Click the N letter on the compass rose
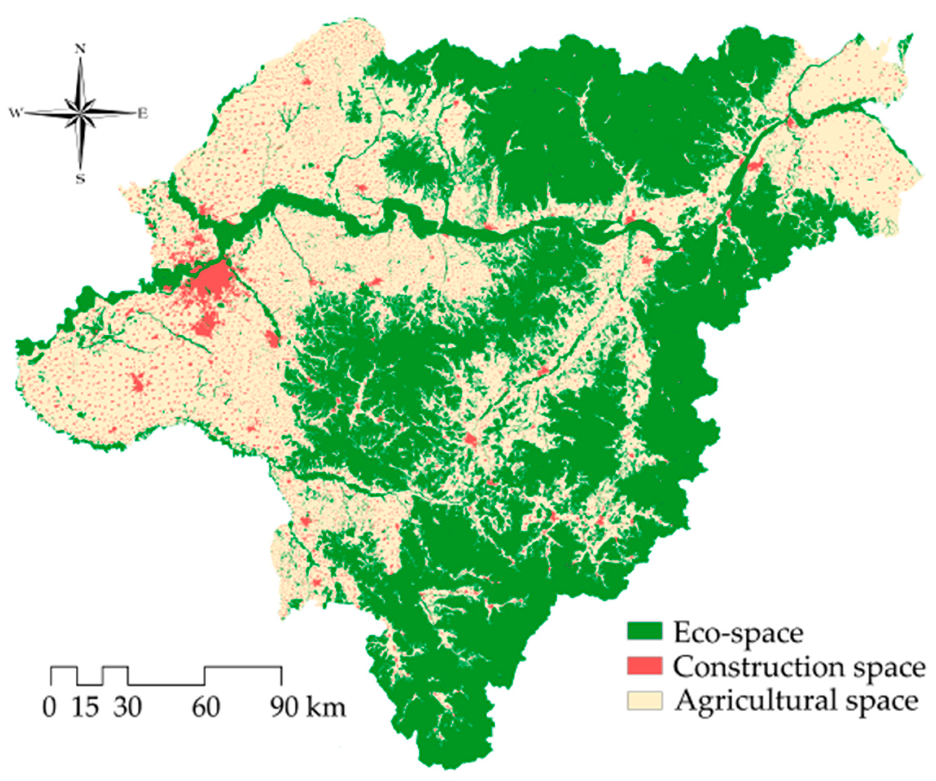point(80,49)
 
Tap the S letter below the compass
point(80,179)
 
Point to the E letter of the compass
point(142,114)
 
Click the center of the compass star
point(80,113)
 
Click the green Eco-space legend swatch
point(644,632)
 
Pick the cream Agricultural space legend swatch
point(644,700)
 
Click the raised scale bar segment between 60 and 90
point(243,668)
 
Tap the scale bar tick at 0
point(51,676)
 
